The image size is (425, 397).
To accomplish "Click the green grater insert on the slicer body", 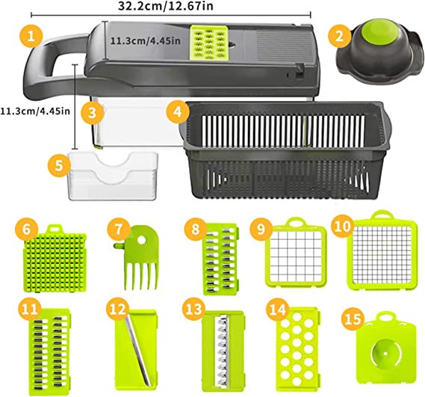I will pos(208,40).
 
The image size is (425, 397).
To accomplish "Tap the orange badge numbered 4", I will pos(177,111).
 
